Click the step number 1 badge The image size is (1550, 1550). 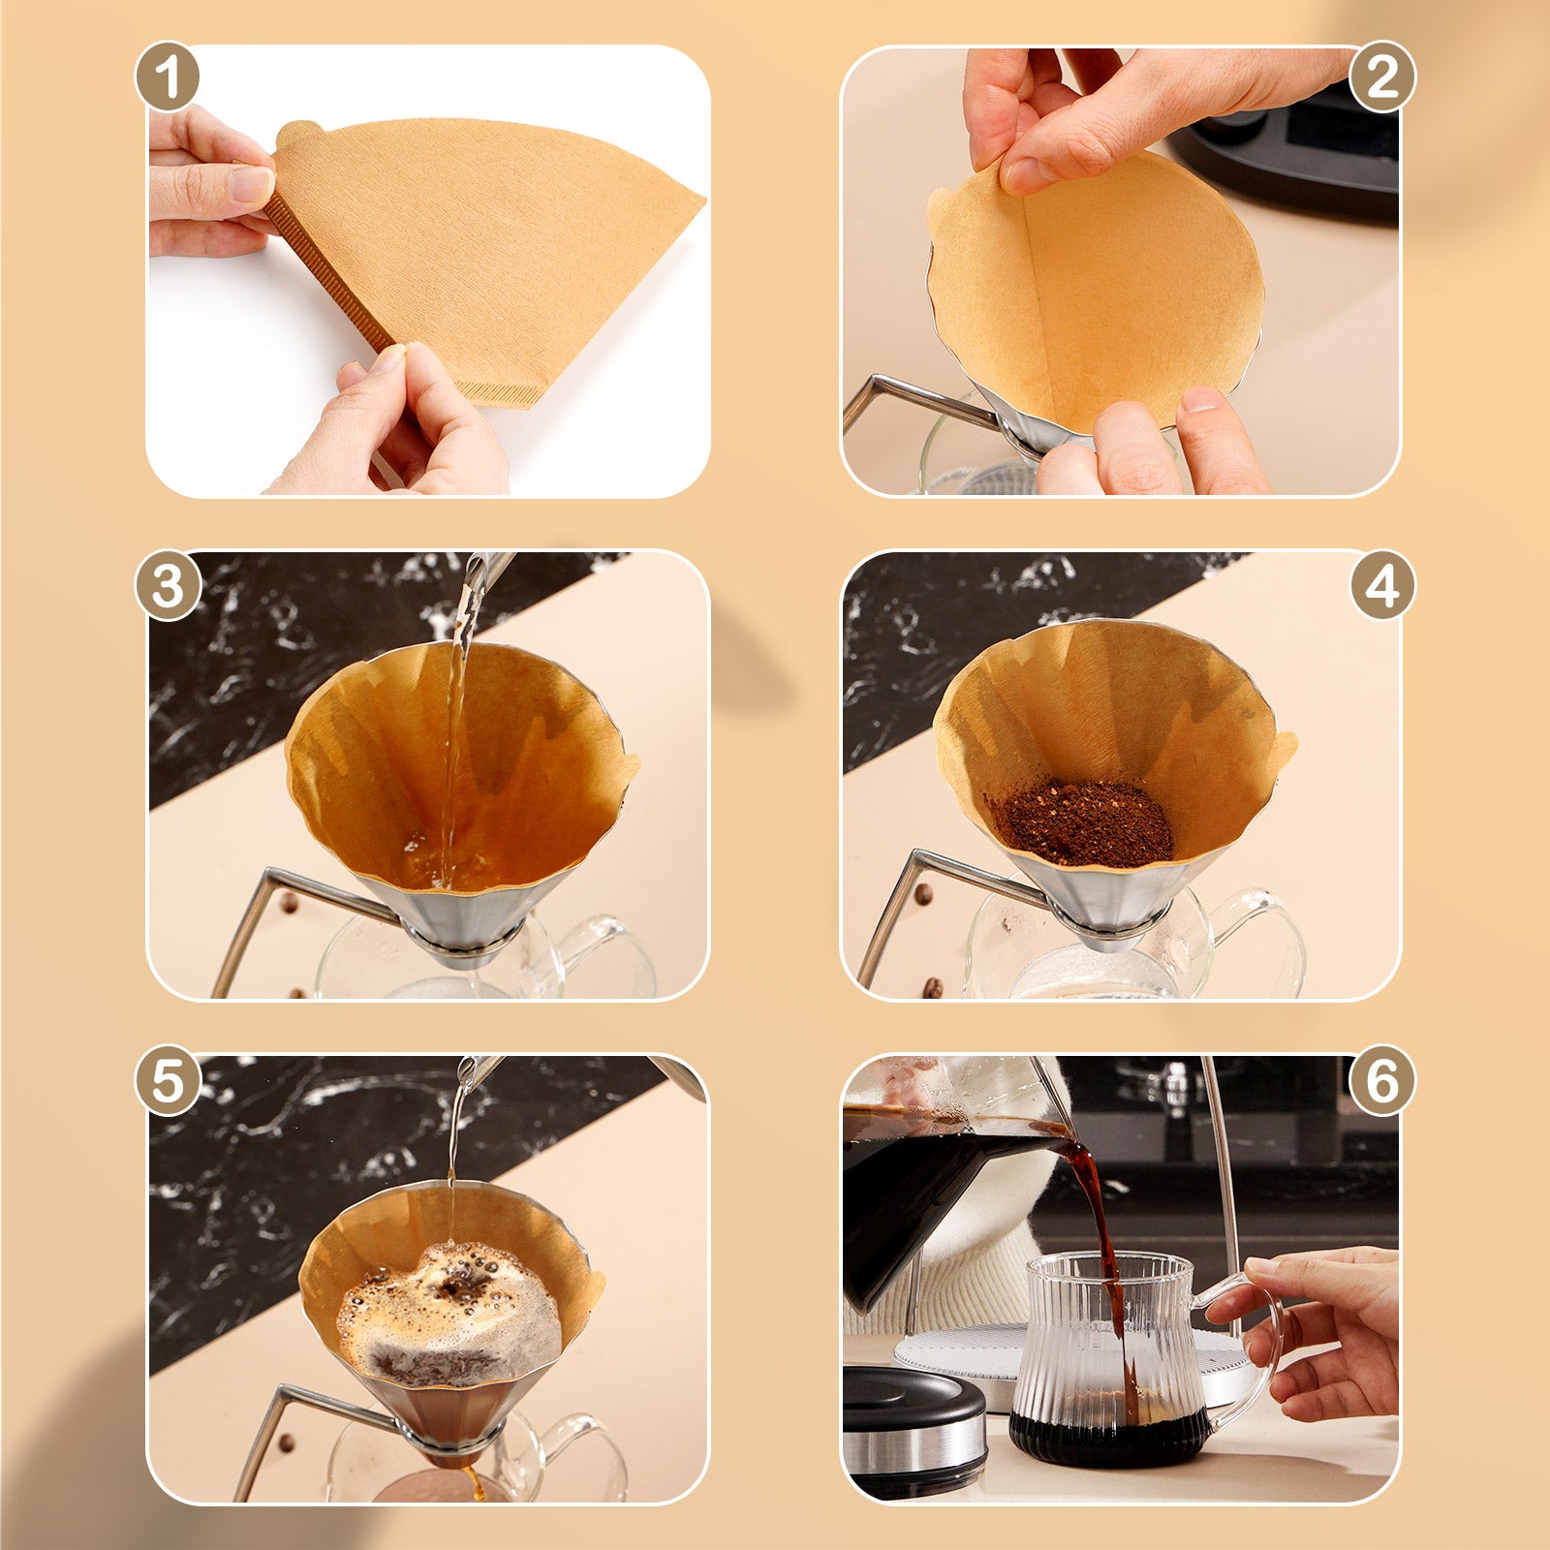point(168,77)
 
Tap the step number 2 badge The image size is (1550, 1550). point(1382,77)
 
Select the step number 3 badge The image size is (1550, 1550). point(168,586)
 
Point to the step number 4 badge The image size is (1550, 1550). point(1382,586)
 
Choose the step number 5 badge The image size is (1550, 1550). point(168,1080)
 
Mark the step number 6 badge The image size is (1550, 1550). point(1382,1080)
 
